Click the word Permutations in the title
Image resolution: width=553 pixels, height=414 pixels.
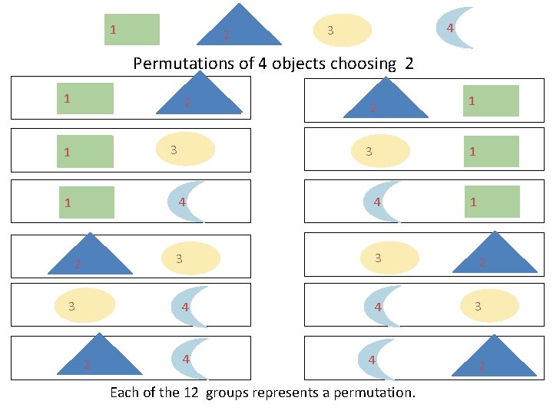pos(184,64)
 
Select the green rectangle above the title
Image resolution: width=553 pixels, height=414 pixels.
pos(131,30)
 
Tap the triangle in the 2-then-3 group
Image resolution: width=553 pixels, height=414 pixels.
pos(90,258)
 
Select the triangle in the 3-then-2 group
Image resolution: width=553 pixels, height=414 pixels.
pos(493,257)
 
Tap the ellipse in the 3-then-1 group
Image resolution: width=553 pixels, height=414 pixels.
pos(379,150)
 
